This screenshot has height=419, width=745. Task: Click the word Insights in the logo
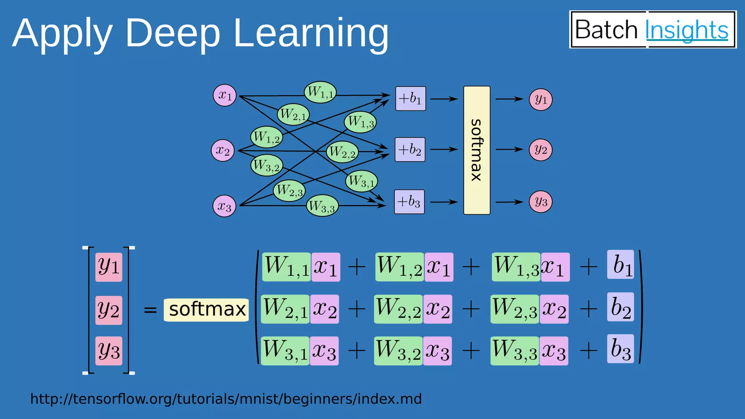click(x=686, y=30)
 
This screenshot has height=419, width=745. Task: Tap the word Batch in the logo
click(x=606, y=30)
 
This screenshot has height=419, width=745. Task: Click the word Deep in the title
click(x=172, y=33)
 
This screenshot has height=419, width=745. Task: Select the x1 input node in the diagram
click(x=225, y=95)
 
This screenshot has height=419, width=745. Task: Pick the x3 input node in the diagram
click(x=224, y=206)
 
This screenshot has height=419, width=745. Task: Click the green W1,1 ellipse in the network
click(x=320, y=92)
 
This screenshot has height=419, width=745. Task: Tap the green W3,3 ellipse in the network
click(x=322, y=206)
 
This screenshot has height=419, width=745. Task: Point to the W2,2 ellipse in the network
click(x=342, y=152)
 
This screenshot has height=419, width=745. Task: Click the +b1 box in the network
click(x=410, y=99)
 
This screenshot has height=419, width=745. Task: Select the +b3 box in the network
click(x=409, y=202)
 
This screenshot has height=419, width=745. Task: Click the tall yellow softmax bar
click(x=477, y=150)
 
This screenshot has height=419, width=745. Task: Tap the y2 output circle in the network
click(x=541, y=150)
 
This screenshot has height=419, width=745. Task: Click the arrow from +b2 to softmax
click(x=444, y=149)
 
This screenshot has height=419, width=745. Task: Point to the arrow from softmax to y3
click(x=509, y=202)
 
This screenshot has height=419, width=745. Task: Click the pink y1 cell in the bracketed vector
click(x=109, y=267)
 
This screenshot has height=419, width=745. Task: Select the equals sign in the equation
click(x=150, y=310)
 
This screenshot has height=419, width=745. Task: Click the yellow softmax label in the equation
click(x=206, y=310)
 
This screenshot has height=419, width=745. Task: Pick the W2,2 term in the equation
click(x=399, y=309)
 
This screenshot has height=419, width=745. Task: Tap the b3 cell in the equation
click(x=620, y=349)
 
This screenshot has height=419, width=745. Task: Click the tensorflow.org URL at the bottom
click(x=226, y=399)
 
